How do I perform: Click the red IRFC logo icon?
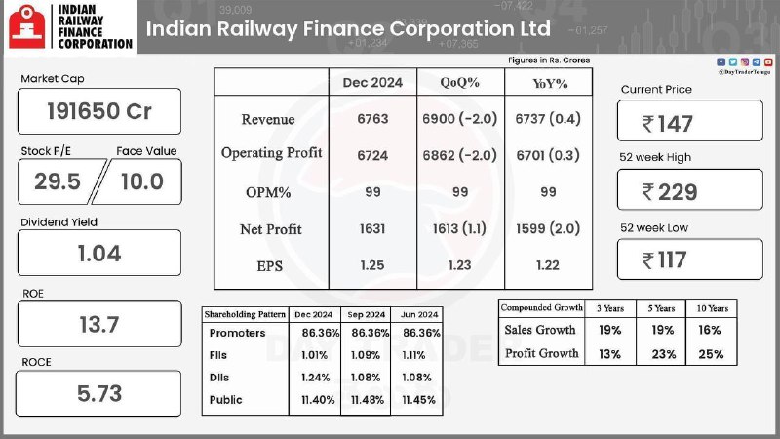pos(27,26)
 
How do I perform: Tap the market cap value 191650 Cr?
pos(99,111)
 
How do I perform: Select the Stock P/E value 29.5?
pos(58,181)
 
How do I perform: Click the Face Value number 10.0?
pos(142,181)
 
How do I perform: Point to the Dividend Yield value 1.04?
pos(99,254)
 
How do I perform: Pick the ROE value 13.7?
pos(99,325)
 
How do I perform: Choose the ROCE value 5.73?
pos(99,394)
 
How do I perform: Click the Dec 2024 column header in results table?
pos(372,83)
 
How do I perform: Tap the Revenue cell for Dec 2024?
pos(372,119)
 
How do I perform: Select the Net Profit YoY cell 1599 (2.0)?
pos(548,228)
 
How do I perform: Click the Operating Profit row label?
pos(272,153)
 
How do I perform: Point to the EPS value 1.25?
pos(372,265)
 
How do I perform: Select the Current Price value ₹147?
pos(667,124)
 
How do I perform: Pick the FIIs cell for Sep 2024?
pos(366,355)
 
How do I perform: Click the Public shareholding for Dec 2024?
pos(318,400)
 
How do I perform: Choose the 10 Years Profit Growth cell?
pos(711,354)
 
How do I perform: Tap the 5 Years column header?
pos(661,308)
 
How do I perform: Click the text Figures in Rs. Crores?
pos(549,60)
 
